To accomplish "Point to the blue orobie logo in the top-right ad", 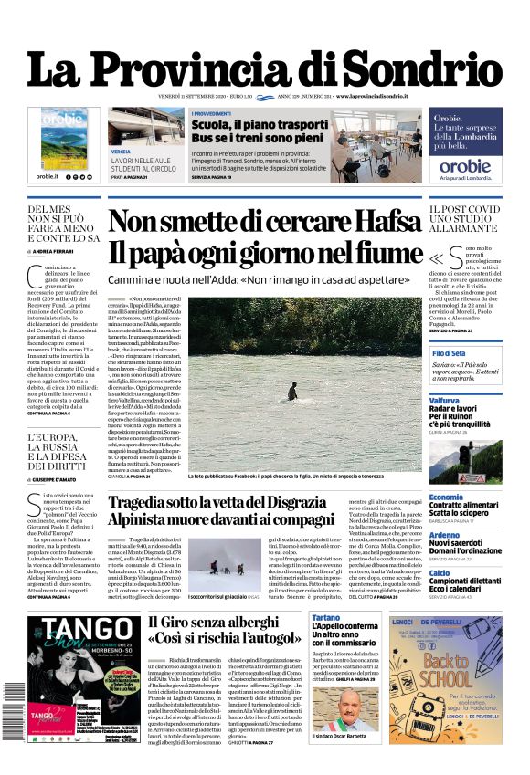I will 465,166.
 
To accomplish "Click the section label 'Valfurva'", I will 445,401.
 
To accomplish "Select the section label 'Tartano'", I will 326,618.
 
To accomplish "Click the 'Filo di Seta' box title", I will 449,353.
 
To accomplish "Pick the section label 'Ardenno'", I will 444,535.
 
